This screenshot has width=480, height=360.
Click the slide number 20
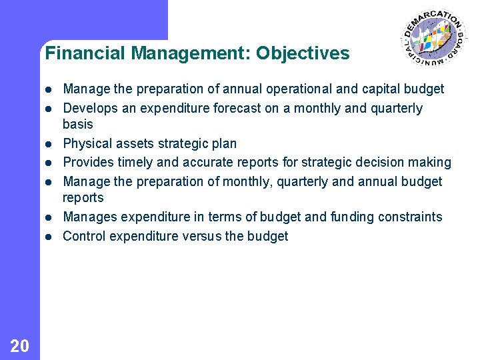pyautogui.click(x=20, y=345)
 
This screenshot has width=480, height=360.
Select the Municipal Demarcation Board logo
pyautogui.click(x=434, y=39)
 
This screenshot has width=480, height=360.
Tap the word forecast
pyautogui.click(x=234, y=109)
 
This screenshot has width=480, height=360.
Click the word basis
pyautogui.click(x=77, y=125)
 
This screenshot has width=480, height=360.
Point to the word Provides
pyautogui.click(x=87, y=163)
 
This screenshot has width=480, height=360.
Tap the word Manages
pyautogui.click(x=87, y=217)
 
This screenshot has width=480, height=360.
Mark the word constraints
pyautogui.click(x=411, y=217)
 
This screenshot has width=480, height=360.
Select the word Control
pyautogui.click(x=84, y=237)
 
